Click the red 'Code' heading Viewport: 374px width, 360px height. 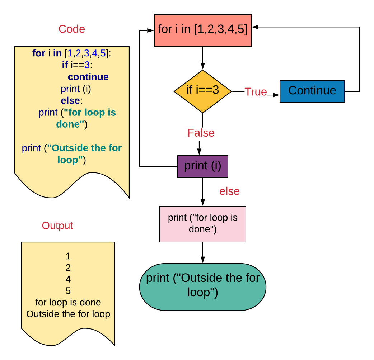point(71,29)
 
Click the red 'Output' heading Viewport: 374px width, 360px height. point(57,226)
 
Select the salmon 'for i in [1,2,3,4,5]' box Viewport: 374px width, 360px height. point(202,30)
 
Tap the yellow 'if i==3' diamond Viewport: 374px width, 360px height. point(202,90)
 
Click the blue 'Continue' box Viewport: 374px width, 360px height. point(312,91)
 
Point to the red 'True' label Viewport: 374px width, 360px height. point(256,92)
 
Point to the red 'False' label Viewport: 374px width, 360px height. point(201,133)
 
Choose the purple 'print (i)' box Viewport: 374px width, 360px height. point(202,166)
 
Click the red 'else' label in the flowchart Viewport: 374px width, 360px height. point(229,191)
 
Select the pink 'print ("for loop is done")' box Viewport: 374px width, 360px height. point(202,224)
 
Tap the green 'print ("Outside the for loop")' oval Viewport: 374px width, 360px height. point(202,286)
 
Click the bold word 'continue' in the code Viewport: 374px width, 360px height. point(88,77)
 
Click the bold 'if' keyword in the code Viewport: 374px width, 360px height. point(65,65)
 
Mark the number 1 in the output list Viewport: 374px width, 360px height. point(68,256)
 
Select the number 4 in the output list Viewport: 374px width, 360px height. point(68,279)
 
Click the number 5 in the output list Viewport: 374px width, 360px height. point(68,291)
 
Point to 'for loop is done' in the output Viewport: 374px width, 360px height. point(68,303)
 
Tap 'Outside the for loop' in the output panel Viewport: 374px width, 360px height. point(68,314)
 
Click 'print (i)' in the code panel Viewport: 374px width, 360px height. point(78,89)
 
